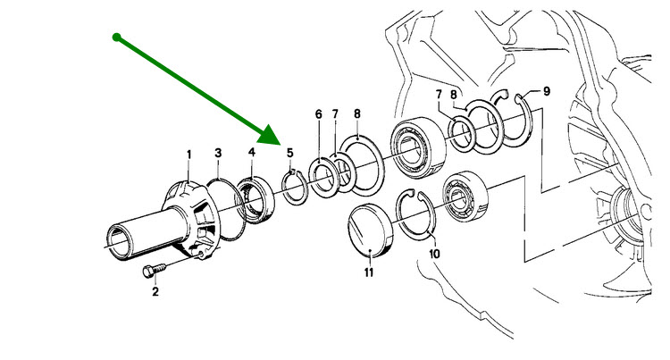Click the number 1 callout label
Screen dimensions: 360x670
(188, 154)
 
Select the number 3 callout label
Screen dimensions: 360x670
(217, 155)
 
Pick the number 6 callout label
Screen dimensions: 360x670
(317, 114)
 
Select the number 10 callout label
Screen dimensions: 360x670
(435, 254)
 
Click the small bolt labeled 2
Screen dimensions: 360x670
(153, 269)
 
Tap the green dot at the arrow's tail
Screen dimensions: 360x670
(116, 37)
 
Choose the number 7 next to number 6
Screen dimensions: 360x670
(335, 114)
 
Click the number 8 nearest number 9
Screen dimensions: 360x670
(454, 94)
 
